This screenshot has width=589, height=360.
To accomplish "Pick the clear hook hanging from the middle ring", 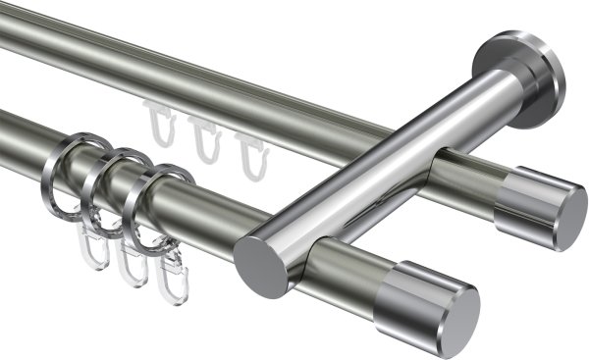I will pos(129,266).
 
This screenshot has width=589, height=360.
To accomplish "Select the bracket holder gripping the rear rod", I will pos(461,177).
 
